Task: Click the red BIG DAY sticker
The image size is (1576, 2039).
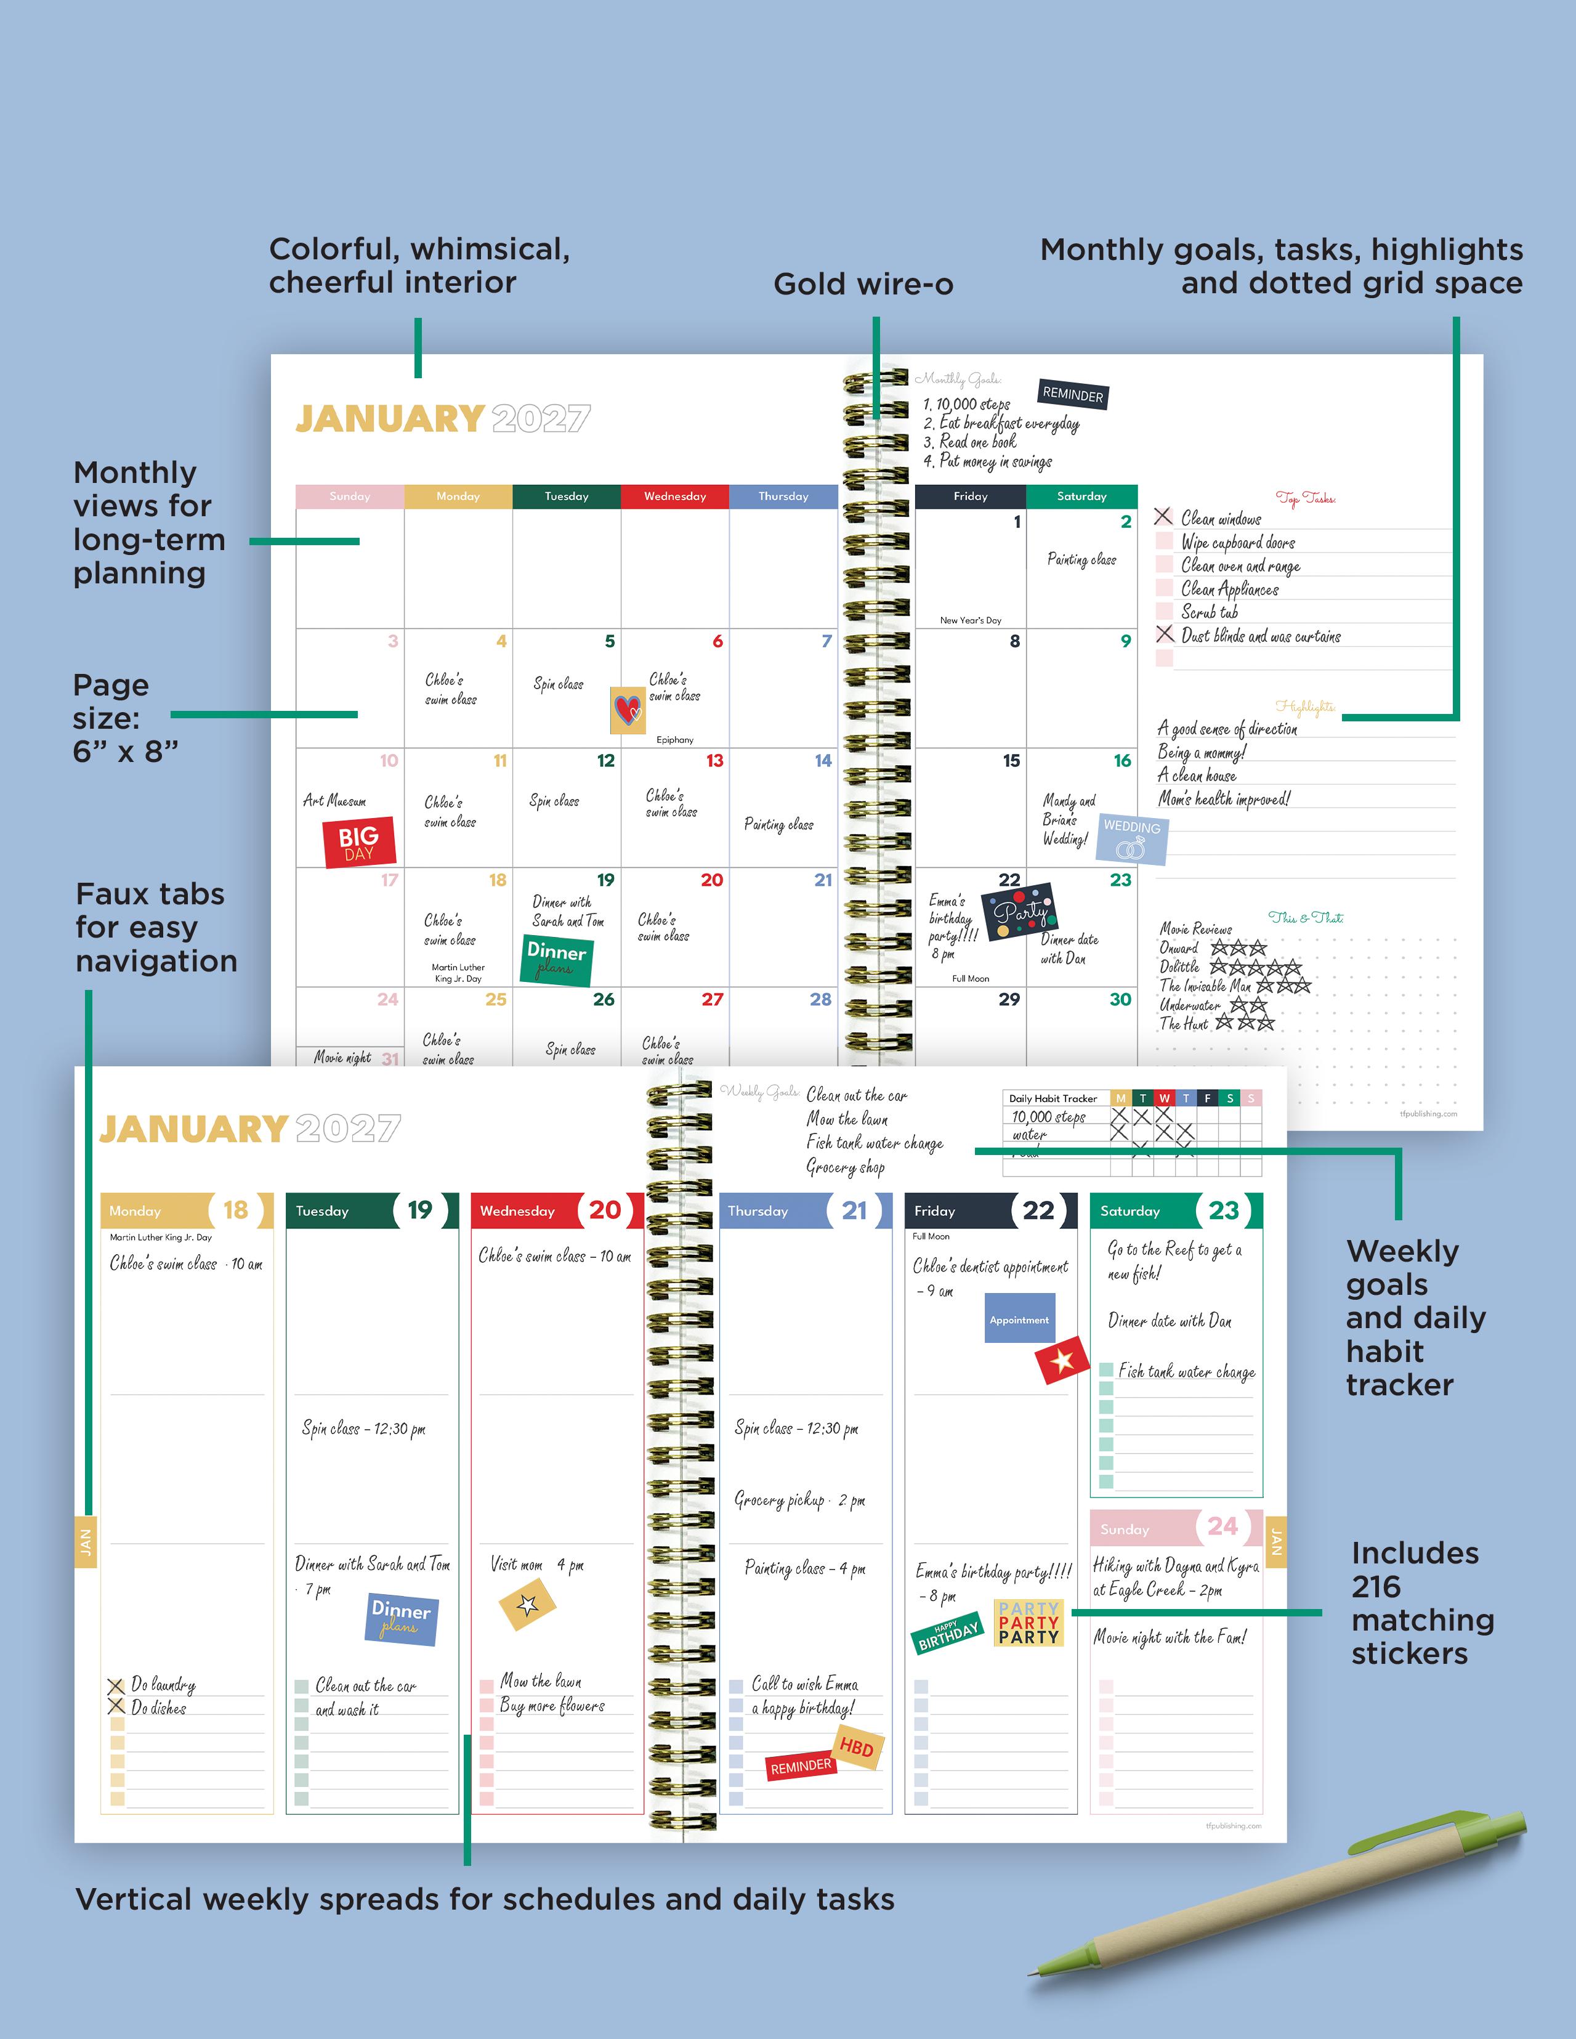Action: coord(360,842)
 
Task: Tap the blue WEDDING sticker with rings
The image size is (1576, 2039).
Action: coord(1131,838)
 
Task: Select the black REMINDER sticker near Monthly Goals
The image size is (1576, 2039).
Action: coord(1073,395)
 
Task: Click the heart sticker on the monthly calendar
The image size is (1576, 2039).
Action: coord(628,710)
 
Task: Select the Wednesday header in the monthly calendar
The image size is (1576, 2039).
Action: coord(674,497)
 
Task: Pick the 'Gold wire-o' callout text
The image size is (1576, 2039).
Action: coord(863,284)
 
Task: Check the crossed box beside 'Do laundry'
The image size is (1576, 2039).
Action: coord(116,1686)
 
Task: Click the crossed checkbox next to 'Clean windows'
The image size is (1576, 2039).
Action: coord(1163,516)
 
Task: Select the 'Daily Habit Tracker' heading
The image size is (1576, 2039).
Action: coord(1053,1099)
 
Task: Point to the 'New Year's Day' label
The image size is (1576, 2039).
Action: coord(970,620)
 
